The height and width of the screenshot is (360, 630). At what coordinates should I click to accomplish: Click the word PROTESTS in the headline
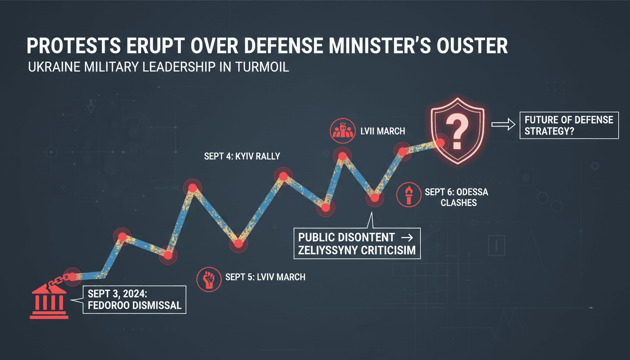tap(74, 45)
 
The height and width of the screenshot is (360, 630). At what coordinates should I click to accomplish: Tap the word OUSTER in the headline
tap(472, 45)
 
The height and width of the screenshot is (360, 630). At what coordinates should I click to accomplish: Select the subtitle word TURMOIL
tap(262, 67)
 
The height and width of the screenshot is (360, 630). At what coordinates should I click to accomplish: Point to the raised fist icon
tap(209, 279)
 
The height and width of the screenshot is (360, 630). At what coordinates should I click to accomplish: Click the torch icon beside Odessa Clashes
tap(409, 195)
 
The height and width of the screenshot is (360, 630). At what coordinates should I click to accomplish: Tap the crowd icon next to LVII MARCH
tap(342, 131)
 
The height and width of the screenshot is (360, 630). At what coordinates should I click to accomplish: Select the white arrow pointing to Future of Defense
tap(503, 124)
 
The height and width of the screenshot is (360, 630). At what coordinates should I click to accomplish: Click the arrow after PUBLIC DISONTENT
tap(407, 238)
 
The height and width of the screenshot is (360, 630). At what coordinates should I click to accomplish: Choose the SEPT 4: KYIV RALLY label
tap(242, 157)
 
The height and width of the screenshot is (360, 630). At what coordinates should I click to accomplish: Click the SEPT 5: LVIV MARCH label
tap(265, 277)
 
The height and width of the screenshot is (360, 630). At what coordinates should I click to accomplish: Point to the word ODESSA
tap(472, 192)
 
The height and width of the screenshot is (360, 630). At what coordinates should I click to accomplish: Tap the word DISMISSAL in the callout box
tap(153, 306)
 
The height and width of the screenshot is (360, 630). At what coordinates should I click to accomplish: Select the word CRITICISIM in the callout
tap(387, 250)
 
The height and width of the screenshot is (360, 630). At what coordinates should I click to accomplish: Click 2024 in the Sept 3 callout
tap(135, 294)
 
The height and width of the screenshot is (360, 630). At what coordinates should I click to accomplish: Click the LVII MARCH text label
tap(383, 131)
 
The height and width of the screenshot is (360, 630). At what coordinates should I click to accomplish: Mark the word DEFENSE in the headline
tap(283, 45)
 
